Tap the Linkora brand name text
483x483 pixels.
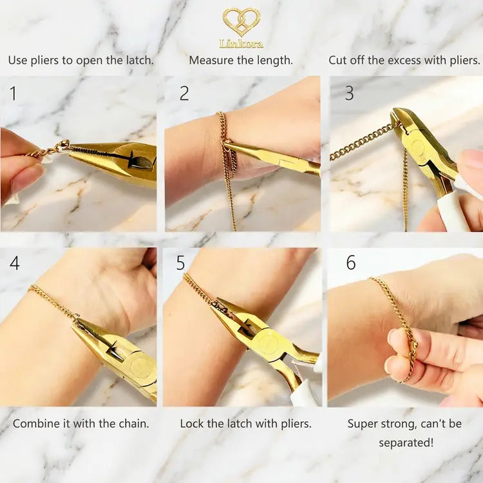click(241, 44)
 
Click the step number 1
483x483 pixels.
click(13, 93)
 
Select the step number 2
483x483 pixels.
click(184, 93)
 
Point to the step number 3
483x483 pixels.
click(349, 93)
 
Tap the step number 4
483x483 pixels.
click(14, 263)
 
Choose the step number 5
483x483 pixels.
click(180, 263)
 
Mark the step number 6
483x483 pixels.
click(350, 263)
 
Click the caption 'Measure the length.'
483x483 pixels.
click(241, 60)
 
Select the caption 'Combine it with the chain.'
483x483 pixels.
click(80, 424)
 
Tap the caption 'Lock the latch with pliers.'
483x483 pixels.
click(245, 424)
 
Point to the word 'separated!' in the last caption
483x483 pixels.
click(404, 442)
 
